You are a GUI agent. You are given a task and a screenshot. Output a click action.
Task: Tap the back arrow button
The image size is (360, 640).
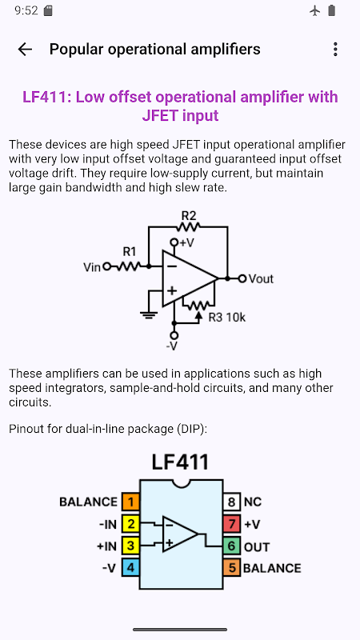click(x=25, y=50)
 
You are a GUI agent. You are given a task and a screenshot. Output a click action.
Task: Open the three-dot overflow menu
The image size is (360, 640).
click(x=335, y=50)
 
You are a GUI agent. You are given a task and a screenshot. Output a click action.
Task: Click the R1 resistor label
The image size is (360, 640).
click(x=130, y=251)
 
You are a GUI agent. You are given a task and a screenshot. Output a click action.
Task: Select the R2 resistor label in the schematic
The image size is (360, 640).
click(x=189, y=215)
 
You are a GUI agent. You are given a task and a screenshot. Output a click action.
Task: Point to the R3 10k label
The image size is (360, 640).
click(x=227, y=317)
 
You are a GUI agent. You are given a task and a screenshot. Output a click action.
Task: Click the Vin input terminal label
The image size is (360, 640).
click(x=92, y=267)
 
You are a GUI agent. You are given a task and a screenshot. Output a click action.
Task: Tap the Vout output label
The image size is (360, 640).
click(x=261, y=278)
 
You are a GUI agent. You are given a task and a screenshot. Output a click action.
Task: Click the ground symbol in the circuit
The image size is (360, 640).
click(x=149, y=314)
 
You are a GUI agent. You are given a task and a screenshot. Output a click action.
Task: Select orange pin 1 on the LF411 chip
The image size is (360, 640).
click(x=130, y=502)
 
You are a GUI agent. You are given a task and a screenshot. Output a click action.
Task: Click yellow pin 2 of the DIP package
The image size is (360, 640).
click(x=130, y=524)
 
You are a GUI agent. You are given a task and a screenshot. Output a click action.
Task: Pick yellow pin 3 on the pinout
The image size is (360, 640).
click(x=130, y=546)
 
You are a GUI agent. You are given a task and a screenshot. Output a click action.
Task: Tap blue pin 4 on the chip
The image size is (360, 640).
click(x=130, y=568)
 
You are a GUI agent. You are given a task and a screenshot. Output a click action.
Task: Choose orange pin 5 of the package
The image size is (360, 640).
click(x=231, y=568)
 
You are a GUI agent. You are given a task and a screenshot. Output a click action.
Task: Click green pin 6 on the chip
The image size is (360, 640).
click(x=231, y=546)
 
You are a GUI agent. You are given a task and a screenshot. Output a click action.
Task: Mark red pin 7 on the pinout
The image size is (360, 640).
click(x=231, y=524)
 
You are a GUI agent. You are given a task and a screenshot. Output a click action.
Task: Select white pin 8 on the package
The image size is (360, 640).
click(x=231, y=502)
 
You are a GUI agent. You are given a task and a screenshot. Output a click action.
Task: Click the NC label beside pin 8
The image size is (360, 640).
click(x=253, y=502)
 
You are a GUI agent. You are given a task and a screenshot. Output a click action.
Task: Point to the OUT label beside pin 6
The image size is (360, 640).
click(x=257, y=547)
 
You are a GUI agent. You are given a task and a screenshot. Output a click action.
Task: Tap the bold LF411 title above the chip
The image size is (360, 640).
click(x=180, y=462)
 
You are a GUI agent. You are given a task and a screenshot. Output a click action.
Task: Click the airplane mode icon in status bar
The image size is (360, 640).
click(x=314, y=10)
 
